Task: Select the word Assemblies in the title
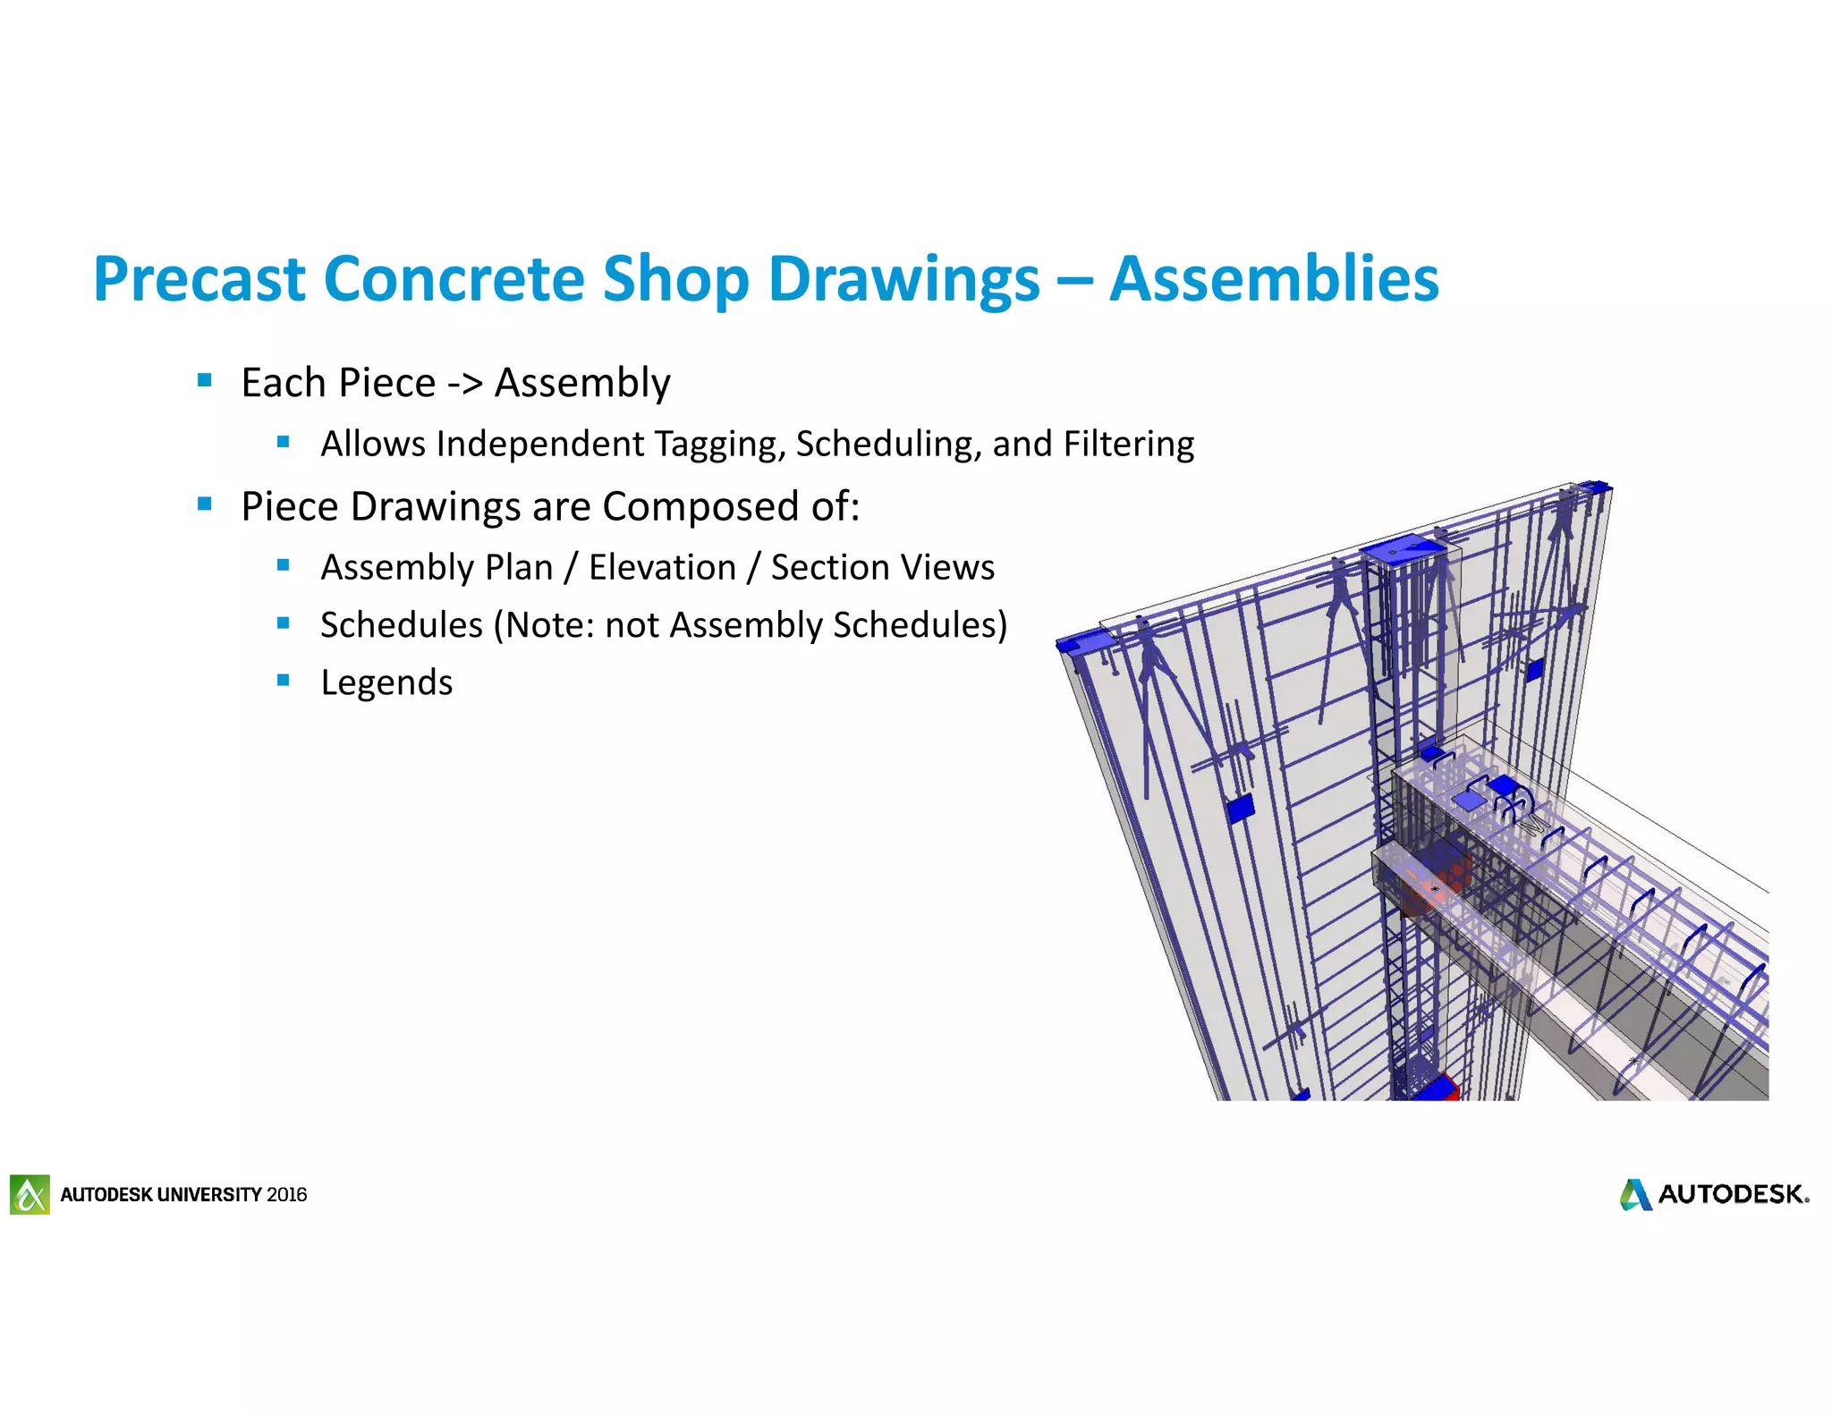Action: [1274, 279]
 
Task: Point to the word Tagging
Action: [719, 445]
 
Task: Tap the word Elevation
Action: [662, 568]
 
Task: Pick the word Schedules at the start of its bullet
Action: [401, 625]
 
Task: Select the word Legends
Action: [386, 683]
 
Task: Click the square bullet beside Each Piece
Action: [205, 381]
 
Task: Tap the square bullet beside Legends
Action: [284, 681]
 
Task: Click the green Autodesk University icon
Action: [30, 1194]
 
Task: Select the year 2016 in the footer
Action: [286, 1195]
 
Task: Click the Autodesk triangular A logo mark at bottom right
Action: [1635, 1195]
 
